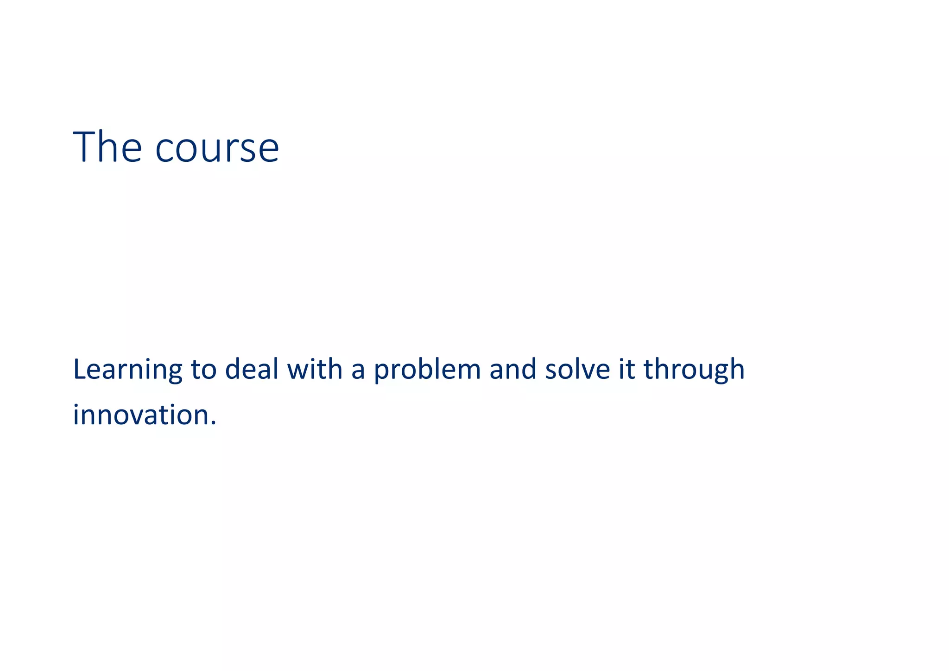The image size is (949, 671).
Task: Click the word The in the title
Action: coord(107,147)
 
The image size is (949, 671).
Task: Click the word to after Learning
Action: coord(203,370)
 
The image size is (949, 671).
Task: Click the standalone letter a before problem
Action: coord(358,371)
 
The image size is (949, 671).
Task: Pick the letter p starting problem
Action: coord(381,373)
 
